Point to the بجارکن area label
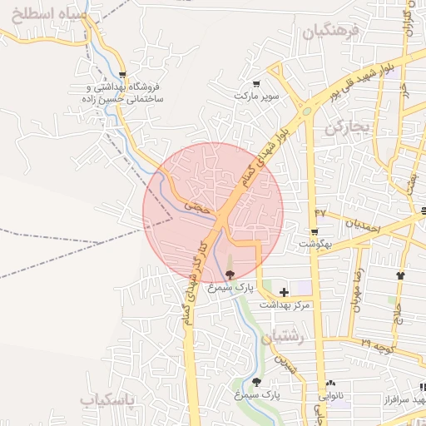(x=347, y=128)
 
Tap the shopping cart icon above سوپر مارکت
(x=256, y=83)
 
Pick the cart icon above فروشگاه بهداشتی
(x=122, y=74)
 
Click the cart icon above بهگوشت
(x=315, y=232)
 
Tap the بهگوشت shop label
(x=315, y=245)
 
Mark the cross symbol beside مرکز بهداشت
(x=285, y=292)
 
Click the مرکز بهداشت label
(x=285, y=306)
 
